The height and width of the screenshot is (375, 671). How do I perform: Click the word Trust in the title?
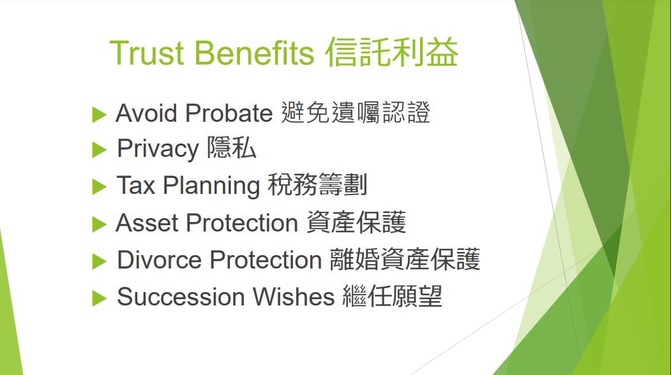[146, 52]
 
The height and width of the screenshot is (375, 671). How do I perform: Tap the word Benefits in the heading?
[254, 52]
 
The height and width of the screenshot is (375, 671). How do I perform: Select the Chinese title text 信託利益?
[391, 52]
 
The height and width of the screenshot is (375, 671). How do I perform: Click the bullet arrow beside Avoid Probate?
[99, 115]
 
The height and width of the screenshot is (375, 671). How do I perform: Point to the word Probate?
[229, 113]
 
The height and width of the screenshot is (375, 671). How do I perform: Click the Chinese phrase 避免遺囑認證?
[355, 113]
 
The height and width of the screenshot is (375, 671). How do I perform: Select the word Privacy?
[158, 149]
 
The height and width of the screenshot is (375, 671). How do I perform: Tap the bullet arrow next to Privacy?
[99, 150]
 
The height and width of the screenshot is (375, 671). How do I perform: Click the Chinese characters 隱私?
[232, 148]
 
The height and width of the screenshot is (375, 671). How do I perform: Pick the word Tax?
[135, 185]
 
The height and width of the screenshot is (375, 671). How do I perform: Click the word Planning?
[211, 186]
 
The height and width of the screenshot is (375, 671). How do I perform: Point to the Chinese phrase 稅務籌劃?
[317, 185]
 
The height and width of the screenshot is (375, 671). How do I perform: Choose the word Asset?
[147, 223]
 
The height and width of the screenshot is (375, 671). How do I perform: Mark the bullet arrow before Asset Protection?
[99, 224]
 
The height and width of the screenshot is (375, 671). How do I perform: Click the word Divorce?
[159, 260]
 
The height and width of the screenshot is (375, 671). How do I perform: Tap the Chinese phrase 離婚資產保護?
[405, 259]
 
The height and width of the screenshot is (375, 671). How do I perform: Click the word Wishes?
[294, 297]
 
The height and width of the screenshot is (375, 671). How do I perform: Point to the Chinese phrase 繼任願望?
[392, 297]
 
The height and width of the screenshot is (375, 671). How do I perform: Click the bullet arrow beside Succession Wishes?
[99, 298]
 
